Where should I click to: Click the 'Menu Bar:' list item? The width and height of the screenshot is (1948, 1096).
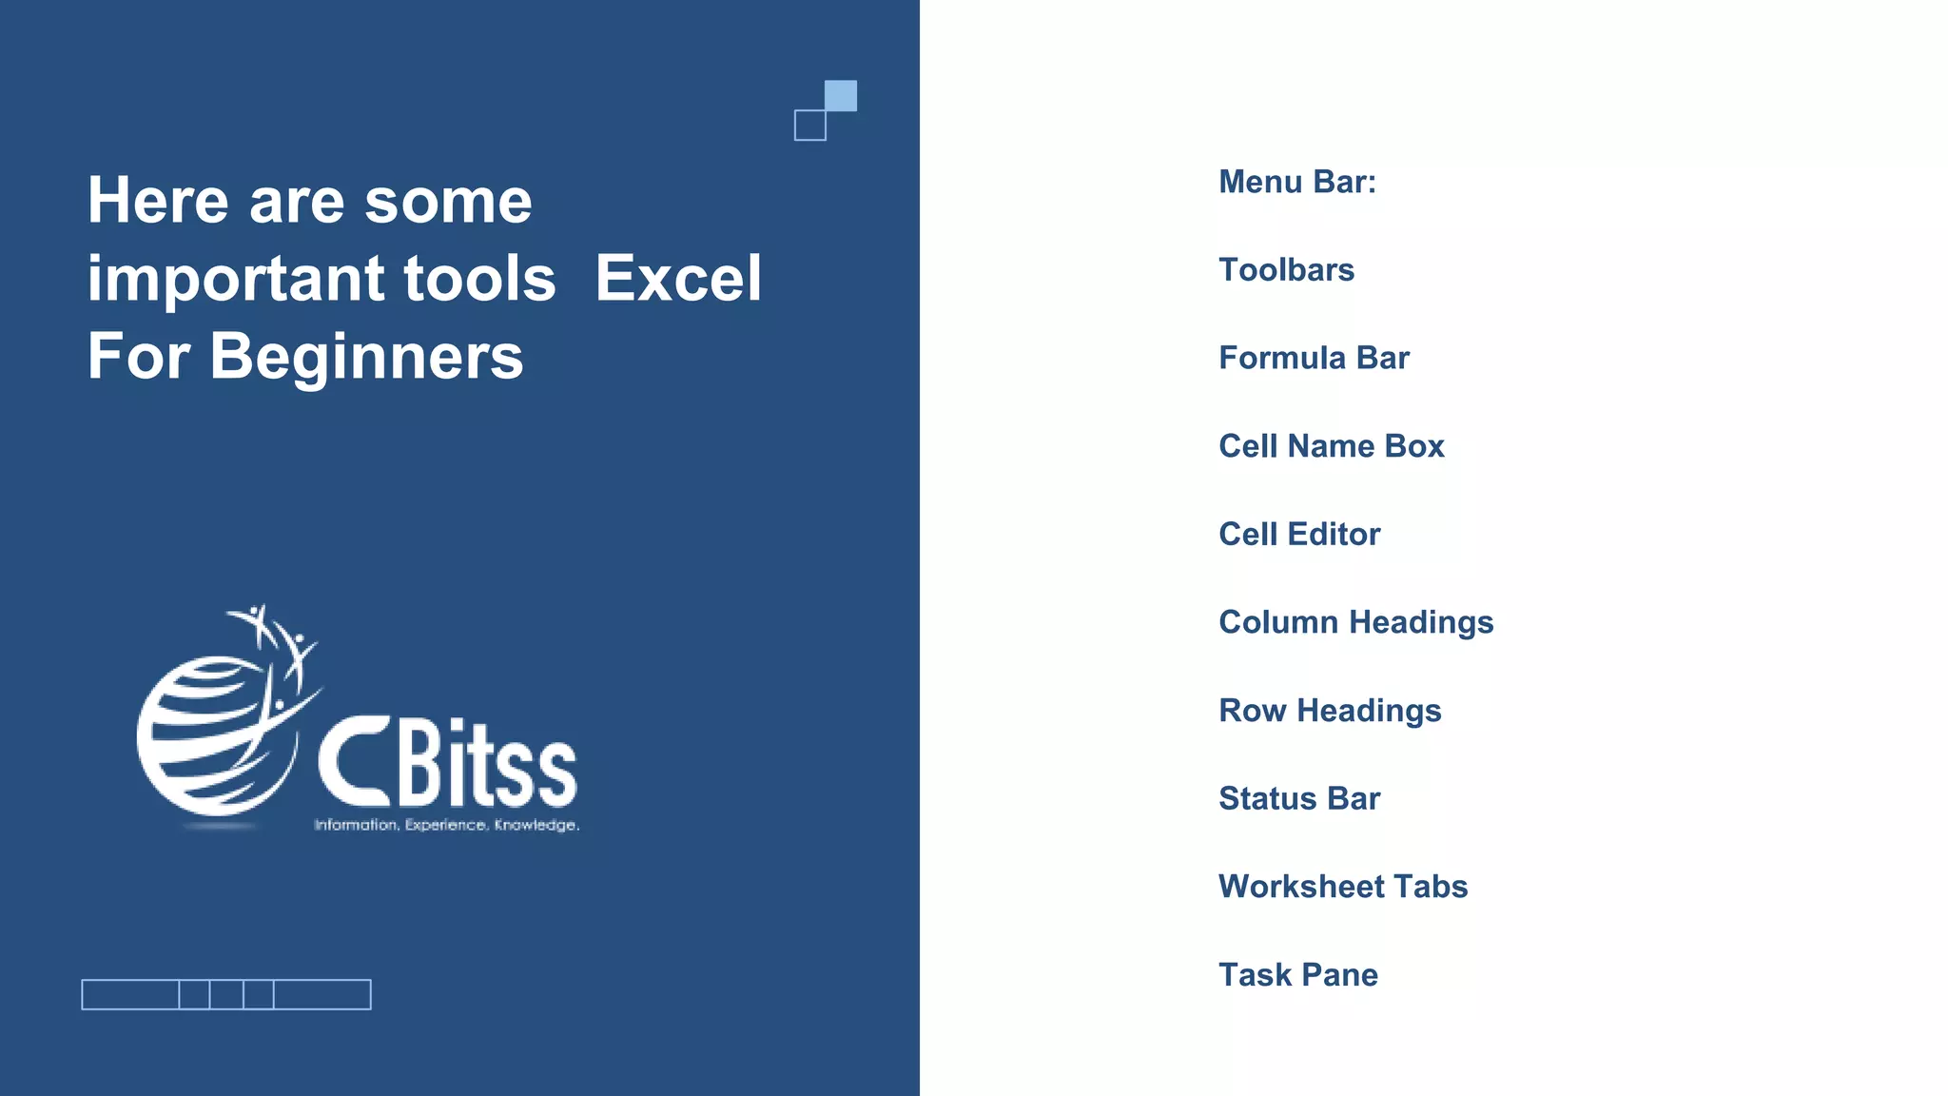pyautogui.click(x=1297, y=182)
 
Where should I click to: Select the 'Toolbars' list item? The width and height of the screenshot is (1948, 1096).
pyautogui.click(x=1286, y=270)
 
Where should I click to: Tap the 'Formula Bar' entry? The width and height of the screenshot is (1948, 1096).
pyautogui.click(x=1314, y=358)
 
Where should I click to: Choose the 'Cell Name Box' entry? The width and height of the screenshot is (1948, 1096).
pyautogui.click(x=1331, y=446)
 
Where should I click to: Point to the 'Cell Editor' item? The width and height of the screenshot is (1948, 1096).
pyautogui.click(x=1299, y=535)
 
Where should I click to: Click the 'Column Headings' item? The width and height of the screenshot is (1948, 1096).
pyautogui.click(x=1355, y=622)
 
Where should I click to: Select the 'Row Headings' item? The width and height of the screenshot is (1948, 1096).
pyautogui.click(x=1330, y=711)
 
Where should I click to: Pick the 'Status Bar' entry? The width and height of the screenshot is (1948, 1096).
pyautogui.click(x=1299, y=798)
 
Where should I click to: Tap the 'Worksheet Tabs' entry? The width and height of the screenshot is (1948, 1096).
pyautogui.click(x=1343, y=887)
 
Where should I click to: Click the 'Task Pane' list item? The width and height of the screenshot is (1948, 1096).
pyautogui.click(x=1298, y=975)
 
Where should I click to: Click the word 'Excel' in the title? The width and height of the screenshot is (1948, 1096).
pyautogui.click(x=678, y=279)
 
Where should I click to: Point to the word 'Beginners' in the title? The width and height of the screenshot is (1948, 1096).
pyautogui.click(x=366, y=357)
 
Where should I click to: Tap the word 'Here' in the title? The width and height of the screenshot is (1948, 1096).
pyautogui.click(x=158, y=201)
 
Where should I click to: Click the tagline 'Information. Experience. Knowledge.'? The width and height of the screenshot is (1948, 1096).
pyautogui.click(x=446, y=825)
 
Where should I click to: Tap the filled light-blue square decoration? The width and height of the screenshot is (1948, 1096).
pyautogui.click(x=841, y=95)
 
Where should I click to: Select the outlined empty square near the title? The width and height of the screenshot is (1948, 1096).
pyautogui.click(x=810, y=126)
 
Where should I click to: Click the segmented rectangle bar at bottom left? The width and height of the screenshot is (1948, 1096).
pyautogui.click(x=226, y=994)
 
